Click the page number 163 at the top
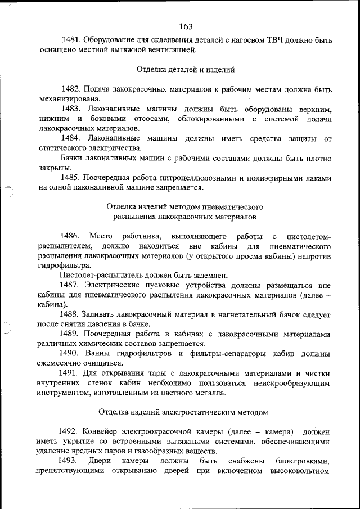pos(186,26)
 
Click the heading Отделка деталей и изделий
pos(186,70)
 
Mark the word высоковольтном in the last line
pos(300,471)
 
